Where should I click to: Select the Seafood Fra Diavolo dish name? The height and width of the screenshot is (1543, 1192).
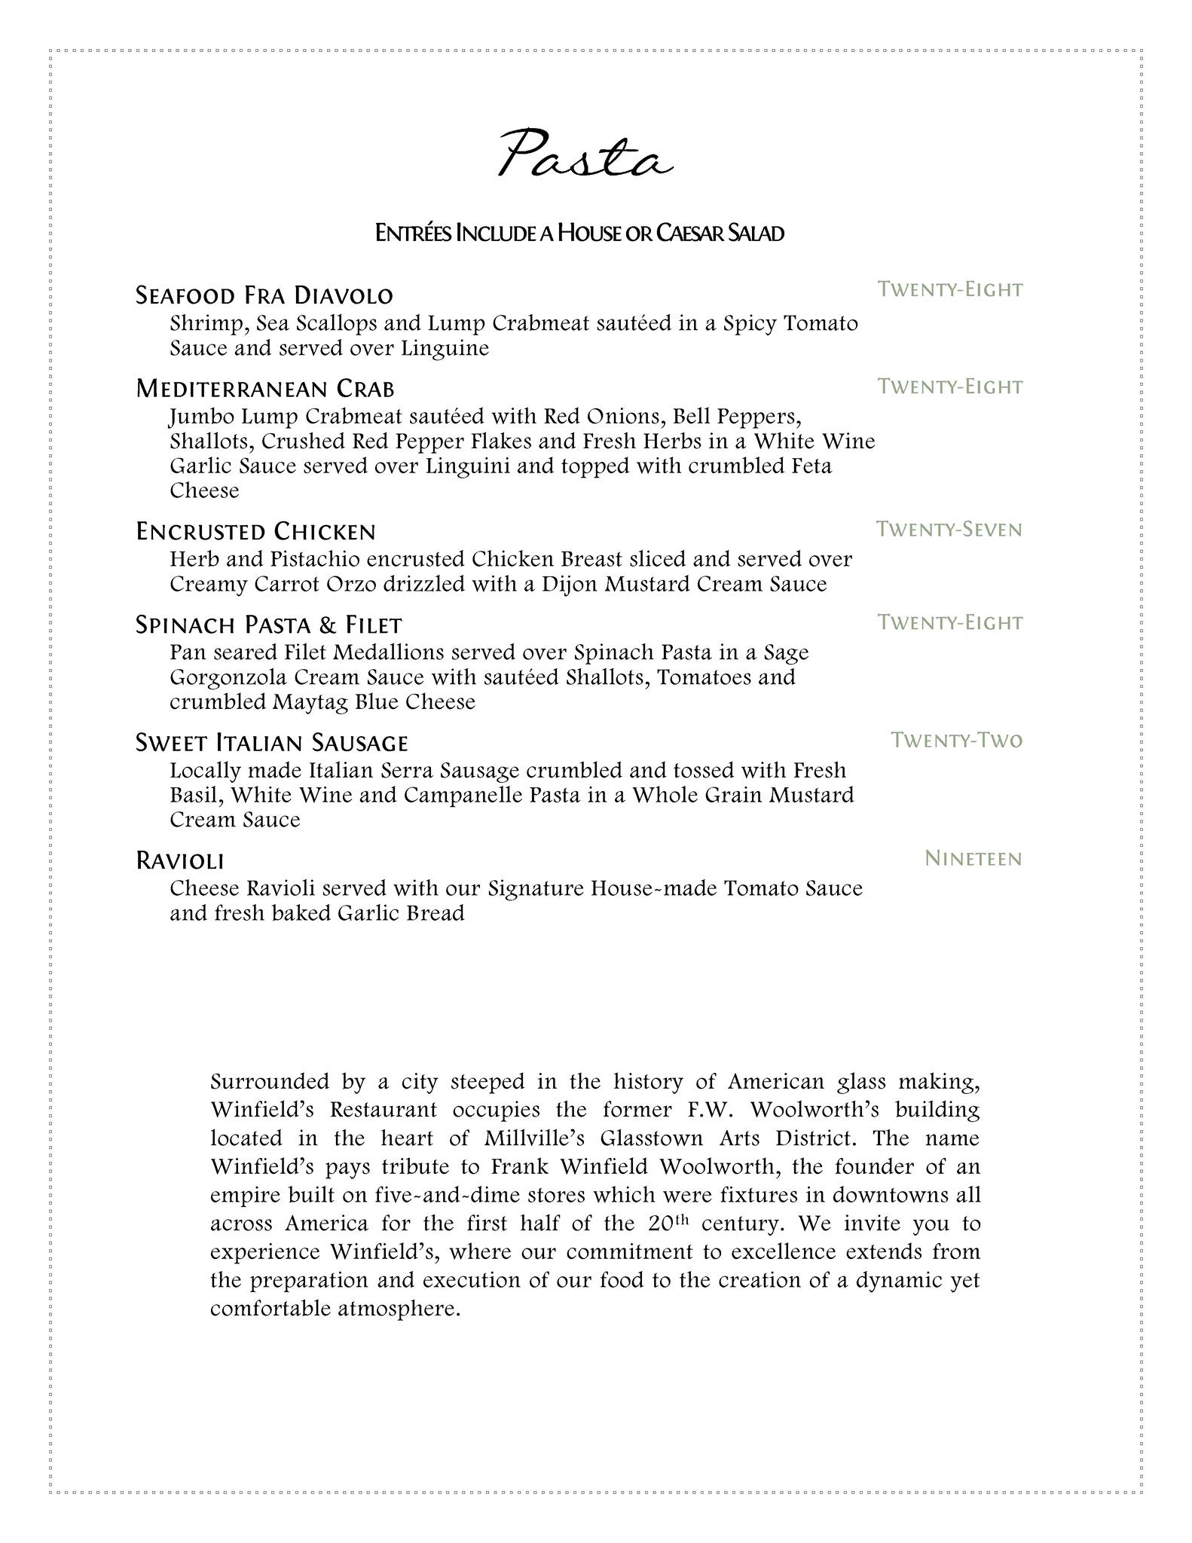[x=264, y=295]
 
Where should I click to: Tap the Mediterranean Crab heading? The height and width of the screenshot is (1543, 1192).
[x=265, y=389]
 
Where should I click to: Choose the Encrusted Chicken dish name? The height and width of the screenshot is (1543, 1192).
[x=255, y=532]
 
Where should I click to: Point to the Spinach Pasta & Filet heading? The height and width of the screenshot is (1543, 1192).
[x=269, y=625]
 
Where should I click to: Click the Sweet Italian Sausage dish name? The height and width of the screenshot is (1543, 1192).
[x=271, y=743]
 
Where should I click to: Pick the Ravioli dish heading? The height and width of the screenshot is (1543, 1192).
[x=180, y=860]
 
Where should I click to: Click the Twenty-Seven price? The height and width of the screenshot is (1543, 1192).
[x=949, y=530]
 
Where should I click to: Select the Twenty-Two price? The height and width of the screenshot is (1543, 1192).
[x=957, y=741]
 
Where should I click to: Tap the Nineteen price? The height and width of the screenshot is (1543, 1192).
[x=973, y=859]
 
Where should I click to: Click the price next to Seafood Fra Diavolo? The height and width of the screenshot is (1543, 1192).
[x=950, y=289]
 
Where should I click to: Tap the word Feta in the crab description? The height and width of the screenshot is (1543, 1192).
[x=811, y=466]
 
